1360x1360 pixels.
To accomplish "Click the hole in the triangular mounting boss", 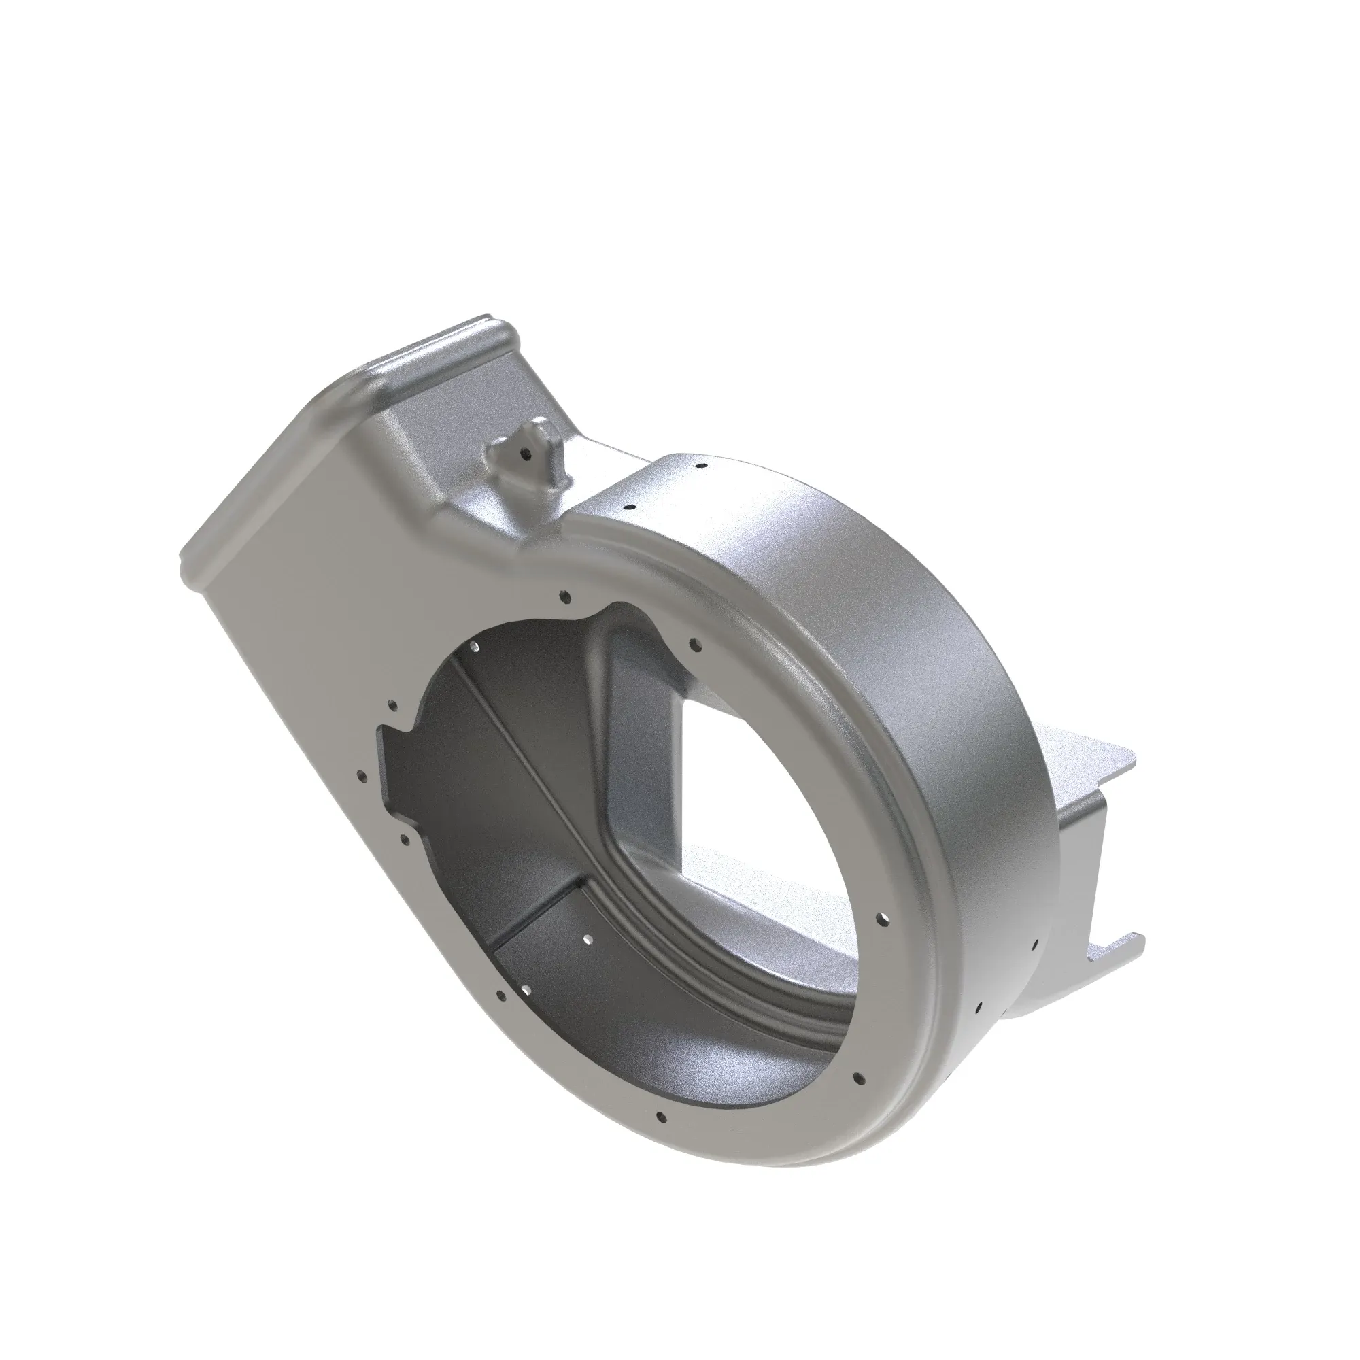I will pyautogui.click(x=524, y=454).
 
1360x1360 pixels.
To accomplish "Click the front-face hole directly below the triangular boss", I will pyautogui.click(x=563, y=598).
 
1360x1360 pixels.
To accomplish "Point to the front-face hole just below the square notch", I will pyautogui.click(x=403, y=838).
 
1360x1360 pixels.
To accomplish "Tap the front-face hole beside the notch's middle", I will pyautogui.click(x=362, y=777).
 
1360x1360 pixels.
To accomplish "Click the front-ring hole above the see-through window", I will pyautogui.click(x=694, y=643).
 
